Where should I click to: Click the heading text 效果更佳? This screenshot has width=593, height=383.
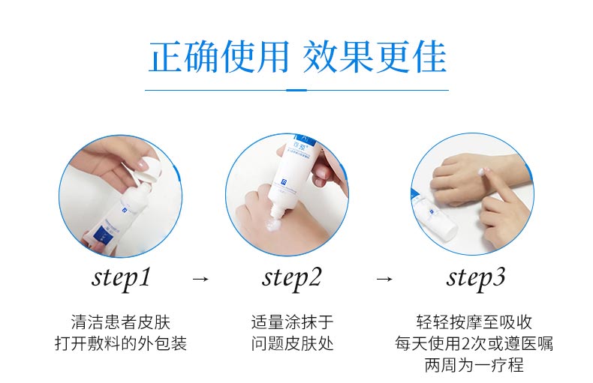tap(375, 57)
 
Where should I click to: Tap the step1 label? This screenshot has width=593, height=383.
tap(121, 278)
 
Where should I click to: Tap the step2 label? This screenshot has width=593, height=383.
tap(292, 278)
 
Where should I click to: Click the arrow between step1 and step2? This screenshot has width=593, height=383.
tap(200, 279)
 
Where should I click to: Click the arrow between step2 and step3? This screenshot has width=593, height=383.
tap(384, 279)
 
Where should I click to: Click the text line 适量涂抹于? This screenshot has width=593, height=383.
tap(292, 322)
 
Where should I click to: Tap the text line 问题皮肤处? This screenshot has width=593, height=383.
tap(292, 344)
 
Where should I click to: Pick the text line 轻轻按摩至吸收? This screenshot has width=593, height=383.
tap(474, 322)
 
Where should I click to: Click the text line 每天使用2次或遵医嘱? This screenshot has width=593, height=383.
tap(474, 344)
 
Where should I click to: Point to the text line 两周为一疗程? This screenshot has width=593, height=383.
tap(474, 366)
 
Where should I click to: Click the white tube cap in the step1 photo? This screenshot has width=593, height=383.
tap(149, 171)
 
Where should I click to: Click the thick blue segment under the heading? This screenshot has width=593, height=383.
tap(297, 90)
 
